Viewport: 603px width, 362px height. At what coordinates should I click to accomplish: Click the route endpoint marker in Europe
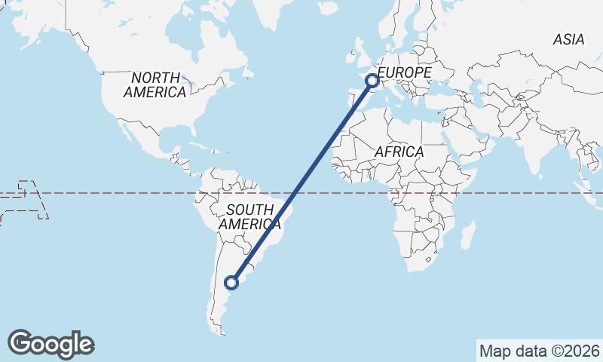point(372,80)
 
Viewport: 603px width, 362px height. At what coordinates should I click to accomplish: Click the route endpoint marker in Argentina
point(232,284)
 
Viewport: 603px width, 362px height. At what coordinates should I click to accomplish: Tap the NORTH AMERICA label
point(155,84)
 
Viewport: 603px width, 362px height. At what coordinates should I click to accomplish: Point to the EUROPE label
point(405,72)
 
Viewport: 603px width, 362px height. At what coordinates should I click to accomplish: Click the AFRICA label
point(399,152)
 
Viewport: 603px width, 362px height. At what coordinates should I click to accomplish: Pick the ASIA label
point(568,39)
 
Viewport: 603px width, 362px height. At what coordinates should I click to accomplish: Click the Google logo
point(51,344)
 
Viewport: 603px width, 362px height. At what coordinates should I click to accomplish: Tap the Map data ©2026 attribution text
point(539,351)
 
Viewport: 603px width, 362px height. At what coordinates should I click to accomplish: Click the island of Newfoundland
point(246,72)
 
